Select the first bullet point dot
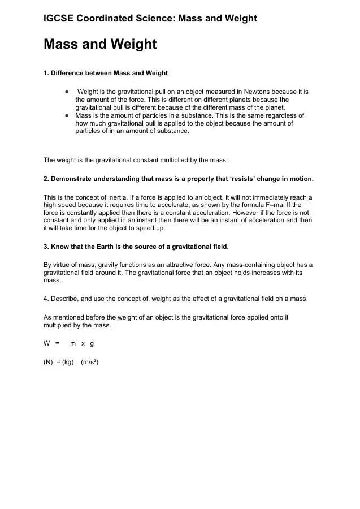pyautogui.click(x=67, y=92)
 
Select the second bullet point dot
pyautogui.click(x=67, y=115)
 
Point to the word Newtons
pyautogui.click(x=259, y=92)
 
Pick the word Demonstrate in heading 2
pyautogui.click(x=71, y=179)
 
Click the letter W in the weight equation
pyautogui.click(x=47, y=343)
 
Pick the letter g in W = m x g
pyautogui.click(x=92, y=343)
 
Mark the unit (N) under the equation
pyautogui.click(x=48, y=362)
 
